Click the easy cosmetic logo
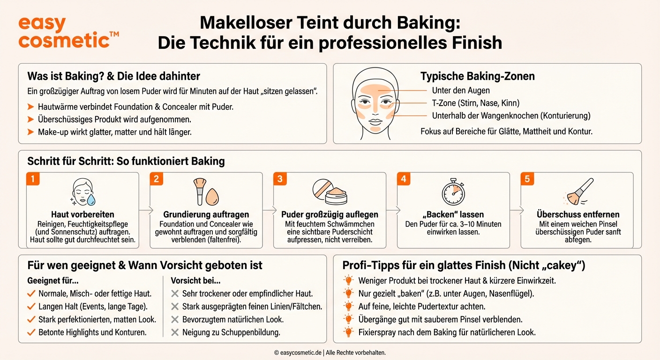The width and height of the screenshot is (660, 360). pos(68,33)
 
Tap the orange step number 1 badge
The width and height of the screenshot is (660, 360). pos(32,179)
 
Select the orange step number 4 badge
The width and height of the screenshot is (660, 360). pos(403,179)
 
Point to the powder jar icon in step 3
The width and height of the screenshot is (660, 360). pos(330,192)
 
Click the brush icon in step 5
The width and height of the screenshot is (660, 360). pos(578,192)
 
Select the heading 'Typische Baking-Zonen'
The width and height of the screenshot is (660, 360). pos(477,76)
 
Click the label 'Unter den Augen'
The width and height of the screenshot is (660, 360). pos(461,90)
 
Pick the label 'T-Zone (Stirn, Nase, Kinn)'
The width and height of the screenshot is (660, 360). pos(475,103)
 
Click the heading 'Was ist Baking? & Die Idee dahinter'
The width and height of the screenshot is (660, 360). pos(113,76)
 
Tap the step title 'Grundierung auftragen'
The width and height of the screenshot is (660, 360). pos(206,214)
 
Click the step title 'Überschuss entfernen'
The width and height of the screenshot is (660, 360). pos(577,214)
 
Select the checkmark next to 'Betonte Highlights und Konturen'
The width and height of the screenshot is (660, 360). pos(31,332)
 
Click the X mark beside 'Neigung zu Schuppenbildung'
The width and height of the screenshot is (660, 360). pos(175,332)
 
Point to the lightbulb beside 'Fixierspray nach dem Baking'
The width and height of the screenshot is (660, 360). pos(348,332)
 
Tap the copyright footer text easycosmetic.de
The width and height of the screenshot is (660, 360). pos(330,352)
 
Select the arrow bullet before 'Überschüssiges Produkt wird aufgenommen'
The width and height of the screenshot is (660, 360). pos(31,120)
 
